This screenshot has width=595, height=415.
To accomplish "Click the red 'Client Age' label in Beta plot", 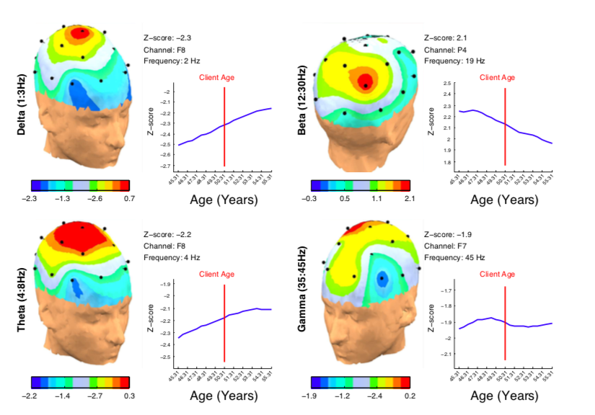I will (497, 77).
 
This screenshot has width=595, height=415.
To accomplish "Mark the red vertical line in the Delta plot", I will (224, 126).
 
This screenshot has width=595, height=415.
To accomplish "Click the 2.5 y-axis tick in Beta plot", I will (446, 84).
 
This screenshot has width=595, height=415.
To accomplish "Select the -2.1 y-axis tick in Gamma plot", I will (445, 354).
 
